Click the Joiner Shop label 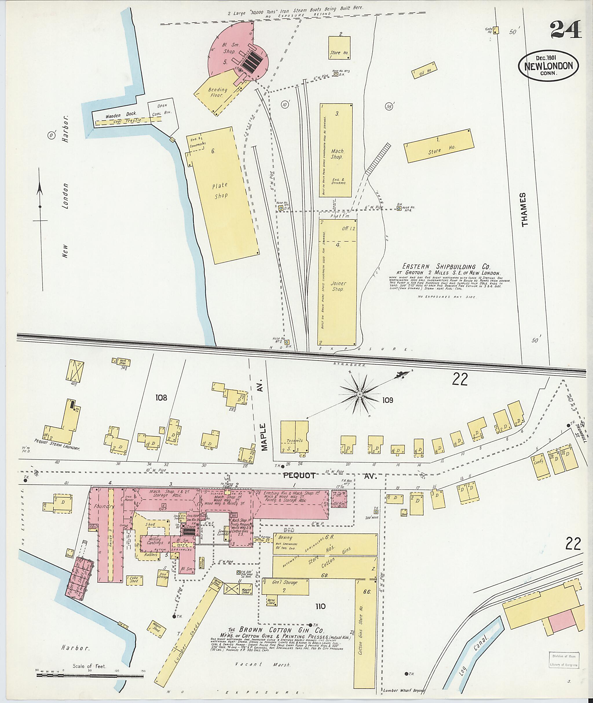coord(338,286)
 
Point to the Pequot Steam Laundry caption coord(57,449)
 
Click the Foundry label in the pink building coord(105,506)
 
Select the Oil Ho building coord(424,71)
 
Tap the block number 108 coord(161,398)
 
